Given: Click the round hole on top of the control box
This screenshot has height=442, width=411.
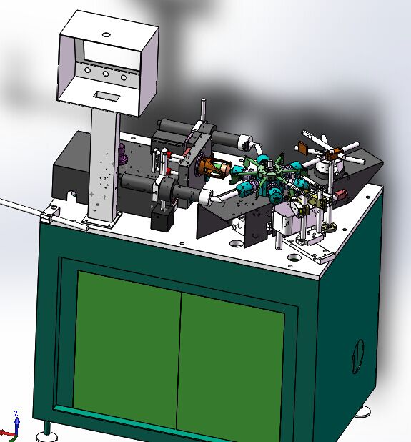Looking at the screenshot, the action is click(x=106, y=35).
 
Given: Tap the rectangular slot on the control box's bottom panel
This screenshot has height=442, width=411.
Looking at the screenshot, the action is click(x=107, y=96).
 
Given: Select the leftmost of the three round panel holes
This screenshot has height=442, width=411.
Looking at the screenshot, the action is click(x=87, y=70).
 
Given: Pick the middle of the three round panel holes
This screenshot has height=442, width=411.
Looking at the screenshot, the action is click(x=106, y=74).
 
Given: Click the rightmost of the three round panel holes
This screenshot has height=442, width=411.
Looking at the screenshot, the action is click(x=124, y=77).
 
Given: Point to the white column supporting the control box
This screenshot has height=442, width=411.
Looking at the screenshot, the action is click(x=104, y=167).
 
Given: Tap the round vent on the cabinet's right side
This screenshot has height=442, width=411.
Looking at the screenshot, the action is click(x=358, y=356).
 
